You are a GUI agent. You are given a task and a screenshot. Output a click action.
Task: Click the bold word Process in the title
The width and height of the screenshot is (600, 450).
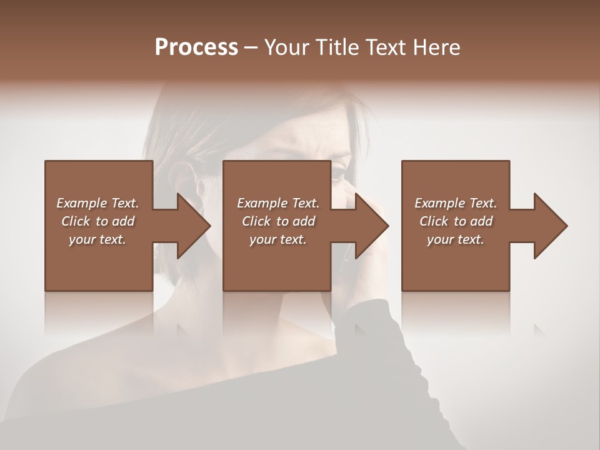(x=196, y=47)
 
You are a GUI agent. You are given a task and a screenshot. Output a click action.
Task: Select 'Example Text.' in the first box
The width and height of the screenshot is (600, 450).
(x=97, y=203)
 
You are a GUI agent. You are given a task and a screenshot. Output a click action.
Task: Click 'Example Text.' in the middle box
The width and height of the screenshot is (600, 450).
(x=278, y=203)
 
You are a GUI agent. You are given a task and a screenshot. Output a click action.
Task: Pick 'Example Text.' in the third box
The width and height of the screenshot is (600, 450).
(x=456, y=203)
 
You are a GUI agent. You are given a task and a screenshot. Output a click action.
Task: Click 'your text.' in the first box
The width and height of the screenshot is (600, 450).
(x=97, y=239)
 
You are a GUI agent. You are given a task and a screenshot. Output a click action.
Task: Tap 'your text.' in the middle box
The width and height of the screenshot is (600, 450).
(x=278, y=239)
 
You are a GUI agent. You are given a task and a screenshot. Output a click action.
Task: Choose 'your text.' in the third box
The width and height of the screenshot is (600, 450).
(x=456, y=239)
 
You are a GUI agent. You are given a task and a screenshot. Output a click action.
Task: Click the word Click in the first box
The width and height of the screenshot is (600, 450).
(x=76, y=221)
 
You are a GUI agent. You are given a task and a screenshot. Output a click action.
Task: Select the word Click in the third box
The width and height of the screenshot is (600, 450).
(x=434, y=221)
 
